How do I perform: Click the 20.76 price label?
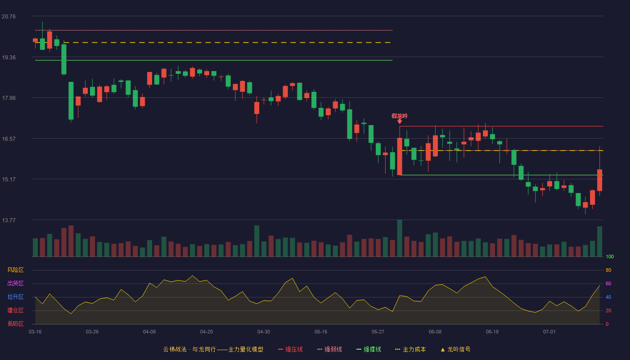pyautogui.click(x=9, y=17)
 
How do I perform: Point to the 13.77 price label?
pyautogui.click(x=9, y=220)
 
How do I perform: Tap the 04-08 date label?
pyautogui.click(x=149, y=332)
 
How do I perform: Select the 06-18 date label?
pyautogui.click(x=492, y=332)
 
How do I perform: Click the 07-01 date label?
pyautogui.click(x=549, y=332)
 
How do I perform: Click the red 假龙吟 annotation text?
pyautogui.click(x=400, y=116)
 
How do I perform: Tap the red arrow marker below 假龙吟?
pyautogui.click(x=400, y=121)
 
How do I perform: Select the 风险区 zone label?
pyautogui.click(x=15, y=270)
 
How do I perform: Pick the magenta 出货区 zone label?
pyautogui.click(x=15, y=283)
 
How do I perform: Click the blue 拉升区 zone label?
pyautogui.click(x=15, y=297)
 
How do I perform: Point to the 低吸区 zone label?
pyautogui.click(x=15, y=324)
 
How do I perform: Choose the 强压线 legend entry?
pyautogui.click(x=290, y=349)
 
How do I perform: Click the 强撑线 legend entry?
pyautogui.click(x=369, y=349)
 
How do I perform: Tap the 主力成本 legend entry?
pyautogui.click(x=410, y=349)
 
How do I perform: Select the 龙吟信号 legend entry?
pyautogui.click(x=455, y=349)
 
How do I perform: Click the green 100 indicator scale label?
pyautogui.click(x=610, y=256)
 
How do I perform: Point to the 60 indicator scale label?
pyautogui.click(x=608, y=283)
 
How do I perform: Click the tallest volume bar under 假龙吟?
pyautogui.click(x=400, y=238)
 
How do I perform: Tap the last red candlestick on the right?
pyautogui.click(x=599, y=180)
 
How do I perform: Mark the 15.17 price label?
pyautogui.click(x=9, y=180)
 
